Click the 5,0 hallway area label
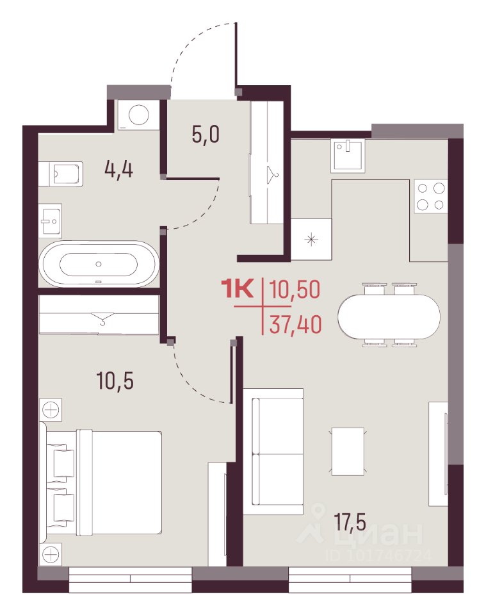(206, 135)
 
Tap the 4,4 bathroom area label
(118, 170)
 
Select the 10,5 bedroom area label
(115, 381)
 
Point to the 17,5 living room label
(350, 522)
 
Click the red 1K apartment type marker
(238, 288)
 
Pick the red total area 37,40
(296, 324)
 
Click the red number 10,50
(295, 289)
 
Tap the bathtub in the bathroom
(99, 264)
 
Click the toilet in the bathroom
(61, 174)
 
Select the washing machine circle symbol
(139, 115)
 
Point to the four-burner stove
(431, 196)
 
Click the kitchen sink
(348, 156)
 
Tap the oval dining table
(389, 315)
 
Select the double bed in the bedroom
(101, 482)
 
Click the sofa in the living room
(273, 451)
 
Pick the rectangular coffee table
(348, 452)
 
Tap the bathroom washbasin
(50, 220)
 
